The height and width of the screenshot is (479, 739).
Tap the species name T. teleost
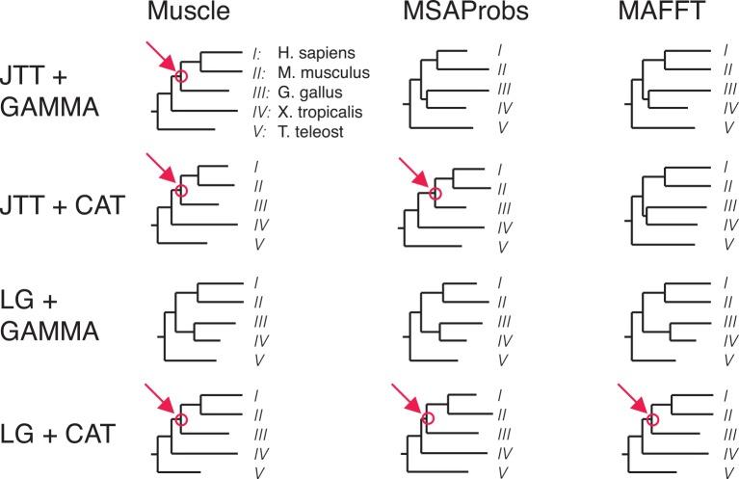pyautogui.click(x=305, y=127)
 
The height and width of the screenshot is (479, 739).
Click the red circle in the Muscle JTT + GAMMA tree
pyautogui.click(x=180, y=77)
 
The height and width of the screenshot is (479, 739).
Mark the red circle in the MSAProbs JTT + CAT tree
pyautogui.click(x=435, y=195)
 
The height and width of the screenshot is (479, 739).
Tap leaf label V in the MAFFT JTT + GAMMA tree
pyautogui.click(x=725, y=127)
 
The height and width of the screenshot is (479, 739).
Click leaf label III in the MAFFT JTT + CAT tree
pyautogui.click(x=725, y=207)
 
